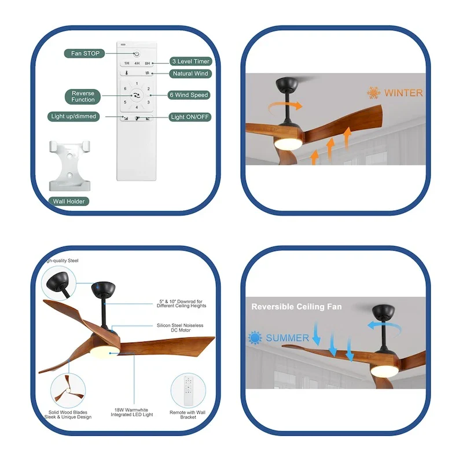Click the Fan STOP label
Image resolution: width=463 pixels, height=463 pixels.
85,53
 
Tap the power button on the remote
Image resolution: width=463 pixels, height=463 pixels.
137,53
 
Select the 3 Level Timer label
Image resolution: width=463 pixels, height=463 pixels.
190,61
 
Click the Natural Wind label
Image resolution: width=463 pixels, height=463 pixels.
190,74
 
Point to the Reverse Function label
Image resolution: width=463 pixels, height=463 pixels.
83,97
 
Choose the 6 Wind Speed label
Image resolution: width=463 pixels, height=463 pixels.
189,95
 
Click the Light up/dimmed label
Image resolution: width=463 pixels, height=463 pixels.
74,116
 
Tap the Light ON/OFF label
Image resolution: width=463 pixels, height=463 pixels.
190,117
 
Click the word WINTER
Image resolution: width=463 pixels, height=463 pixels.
403,93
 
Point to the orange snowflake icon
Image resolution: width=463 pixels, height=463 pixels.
373,93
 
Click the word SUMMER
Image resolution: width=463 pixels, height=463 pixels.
287,338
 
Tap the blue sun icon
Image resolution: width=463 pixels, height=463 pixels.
255,338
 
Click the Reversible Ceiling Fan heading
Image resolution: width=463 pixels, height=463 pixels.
296,307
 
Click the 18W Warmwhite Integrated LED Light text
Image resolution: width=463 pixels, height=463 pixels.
133,414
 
